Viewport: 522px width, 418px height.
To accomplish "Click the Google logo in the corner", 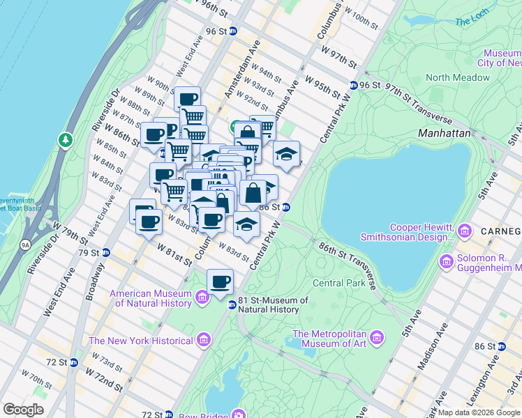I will click(x=23, y=410).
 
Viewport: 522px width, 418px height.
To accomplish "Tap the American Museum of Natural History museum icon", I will click(x=202, y=298).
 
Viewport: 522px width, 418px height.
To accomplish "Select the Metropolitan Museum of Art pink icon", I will click(x=377, y=338).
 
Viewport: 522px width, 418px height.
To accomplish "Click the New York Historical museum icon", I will click(x=203, y=341).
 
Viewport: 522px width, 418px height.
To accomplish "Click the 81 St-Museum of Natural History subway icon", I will click(x=232, y=303).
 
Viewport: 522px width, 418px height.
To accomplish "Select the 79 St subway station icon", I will click(x=106, y=252).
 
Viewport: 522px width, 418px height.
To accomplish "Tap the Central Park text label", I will click(x=338, y=283).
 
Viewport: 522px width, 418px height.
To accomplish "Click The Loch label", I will click(x=472, y=22).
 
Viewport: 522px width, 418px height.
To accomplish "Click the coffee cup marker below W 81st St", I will click(x=221, y=281).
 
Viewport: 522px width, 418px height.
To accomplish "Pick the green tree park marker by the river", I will click(x=66, y=141).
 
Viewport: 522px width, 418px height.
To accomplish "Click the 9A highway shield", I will click(x=25, y=245).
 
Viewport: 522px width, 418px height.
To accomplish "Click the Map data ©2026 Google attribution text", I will click(x=479, y=412).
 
